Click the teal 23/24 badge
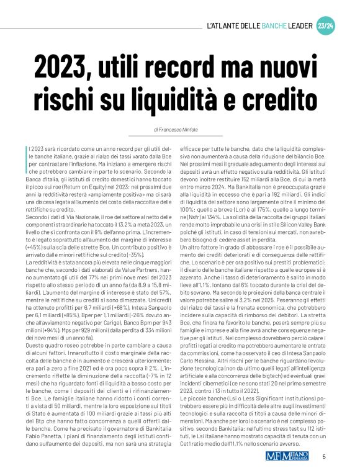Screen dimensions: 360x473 (x=325, y=26)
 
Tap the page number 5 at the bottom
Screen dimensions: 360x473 (x=324, y=457)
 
